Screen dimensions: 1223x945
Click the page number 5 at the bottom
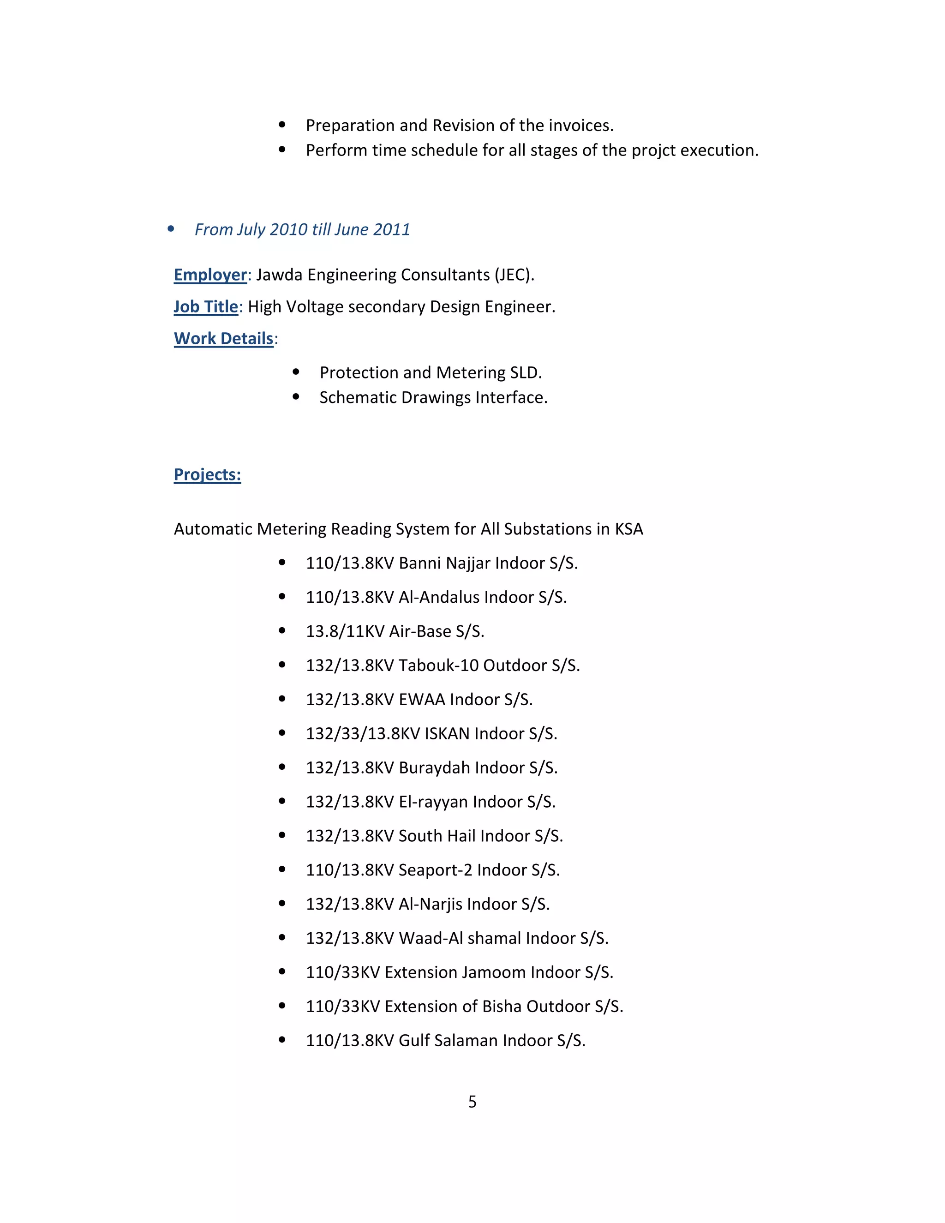click(x=472, y=1102)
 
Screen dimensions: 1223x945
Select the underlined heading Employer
click(x=210, y=275)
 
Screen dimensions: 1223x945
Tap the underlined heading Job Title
click(x=205, y=307)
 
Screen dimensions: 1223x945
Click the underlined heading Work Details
click(x=223, y=339)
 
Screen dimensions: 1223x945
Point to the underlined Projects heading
click(x=207, y=475)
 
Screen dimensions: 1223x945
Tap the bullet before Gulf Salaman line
click(x=282, y=1040)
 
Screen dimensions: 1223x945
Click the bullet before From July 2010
click(x=171, y=229)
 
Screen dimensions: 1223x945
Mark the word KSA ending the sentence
click(x=629, y=529)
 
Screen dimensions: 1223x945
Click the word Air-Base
click(x=420, y=631)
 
